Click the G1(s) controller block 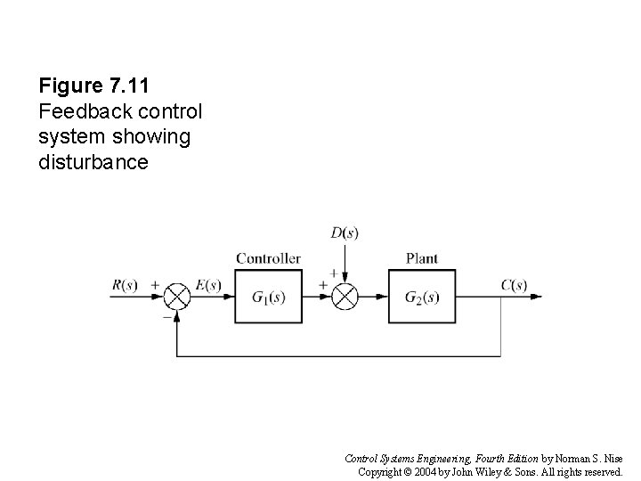[x=268, y=298]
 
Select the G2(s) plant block [x=421, y=298]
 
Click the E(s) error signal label [x=208, y=286]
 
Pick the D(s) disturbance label [x=344, y=234]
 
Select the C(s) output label [x=514, y=286]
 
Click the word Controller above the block [x=268, y=258]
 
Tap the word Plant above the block [x=421, y=258]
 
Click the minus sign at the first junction [x=166, y=314]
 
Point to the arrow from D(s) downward [x=344, y=263]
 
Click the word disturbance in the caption [x=93, y=163]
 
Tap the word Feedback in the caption [x=77, y=113]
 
